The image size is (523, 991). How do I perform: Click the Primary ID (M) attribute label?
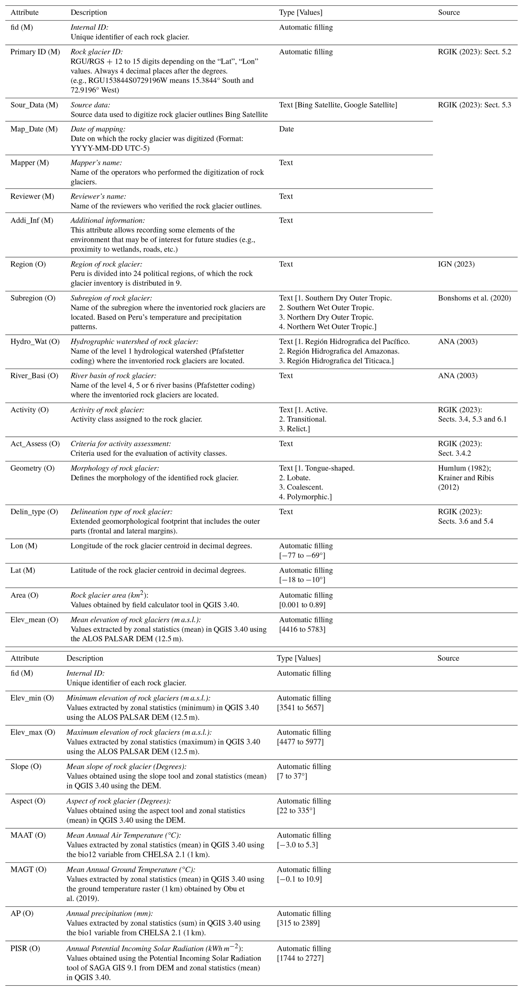pyautogui.click(x=35, y=52)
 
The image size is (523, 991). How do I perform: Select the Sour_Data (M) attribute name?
pyautogui.click(x=34, y=105)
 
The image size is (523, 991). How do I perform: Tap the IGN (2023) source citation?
pyautogui.click(x=456, y=264)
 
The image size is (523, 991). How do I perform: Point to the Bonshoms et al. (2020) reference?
pyautogui.click(x=474, y=298)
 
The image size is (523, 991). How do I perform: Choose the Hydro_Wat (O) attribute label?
pyautogui.click(x=35, y=342)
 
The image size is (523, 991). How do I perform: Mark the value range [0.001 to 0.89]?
pyautogui.click(x=302, y=605)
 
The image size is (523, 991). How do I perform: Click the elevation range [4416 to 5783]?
pyautogui.click(x=302, y=629)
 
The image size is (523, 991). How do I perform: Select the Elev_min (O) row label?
pyautogui.click(x=32, y=698)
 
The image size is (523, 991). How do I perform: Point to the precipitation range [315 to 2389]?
pyautogui.click(x=298, y=923)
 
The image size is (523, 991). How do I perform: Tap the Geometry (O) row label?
pyautogui.click(x=32, y=468)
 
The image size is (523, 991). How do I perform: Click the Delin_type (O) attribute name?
pyautogui.click(x=34, y=512)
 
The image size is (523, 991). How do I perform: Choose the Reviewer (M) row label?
pyautogui.click(x=32, y=197)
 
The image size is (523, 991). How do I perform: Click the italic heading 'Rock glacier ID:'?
pyautogui.click(x=96, y=52)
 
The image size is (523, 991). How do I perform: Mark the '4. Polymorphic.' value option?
pyautogui.click(x=305, y=497)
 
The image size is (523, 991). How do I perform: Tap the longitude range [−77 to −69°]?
pyautogui.click(x=302, y=556)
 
